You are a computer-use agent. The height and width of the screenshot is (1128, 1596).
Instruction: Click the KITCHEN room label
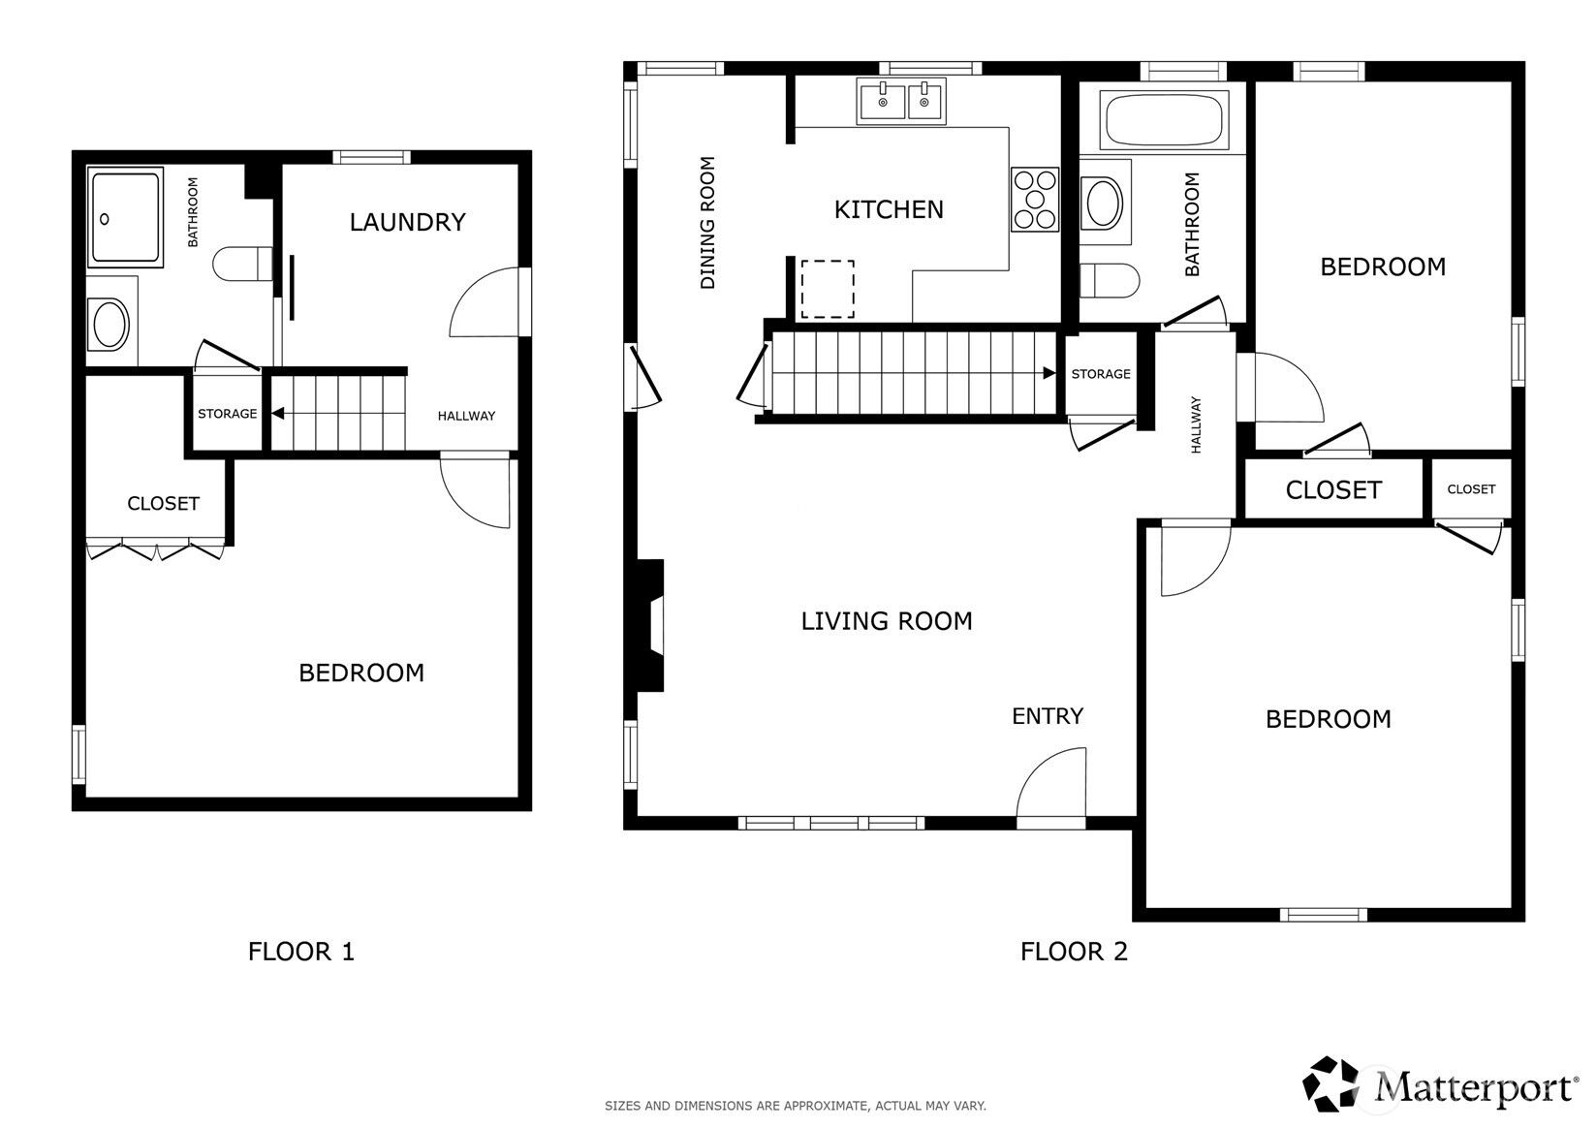coord(889,209)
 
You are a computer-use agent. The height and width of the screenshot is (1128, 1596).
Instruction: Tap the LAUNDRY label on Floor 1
coord(408,222)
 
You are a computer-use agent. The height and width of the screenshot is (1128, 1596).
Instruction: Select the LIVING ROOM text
coord(887,621)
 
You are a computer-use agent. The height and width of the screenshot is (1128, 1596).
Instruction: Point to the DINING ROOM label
coord(706,223)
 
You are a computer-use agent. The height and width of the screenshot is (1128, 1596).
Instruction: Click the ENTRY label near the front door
coord(1048,716)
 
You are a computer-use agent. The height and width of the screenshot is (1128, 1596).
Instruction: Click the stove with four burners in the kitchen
coord(1035,199)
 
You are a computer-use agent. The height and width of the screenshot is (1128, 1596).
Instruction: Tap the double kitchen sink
coord(901,101)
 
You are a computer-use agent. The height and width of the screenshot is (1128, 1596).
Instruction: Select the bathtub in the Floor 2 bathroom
coord(1163,120)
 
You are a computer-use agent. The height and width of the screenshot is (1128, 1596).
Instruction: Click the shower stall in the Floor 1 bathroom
coord(125,217)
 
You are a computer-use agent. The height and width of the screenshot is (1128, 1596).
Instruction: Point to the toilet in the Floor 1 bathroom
coord(242,264)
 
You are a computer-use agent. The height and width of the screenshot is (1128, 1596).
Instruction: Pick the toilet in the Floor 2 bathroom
coord(1110,281)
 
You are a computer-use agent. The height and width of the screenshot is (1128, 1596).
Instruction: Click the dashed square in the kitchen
coord(828,289)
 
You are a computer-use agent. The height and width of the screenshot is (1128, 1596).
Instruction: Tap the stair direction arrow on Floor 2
coord(1048,373)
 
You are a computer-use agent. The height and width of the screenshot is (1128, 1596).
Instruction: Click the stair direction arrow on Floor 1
coord(278,413)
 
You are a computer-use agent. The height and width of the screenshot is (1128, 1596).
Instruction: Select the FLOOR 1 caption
coord(300,952)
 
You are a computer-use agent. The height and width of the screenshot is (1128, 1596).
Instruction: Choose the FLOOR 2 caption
coord(1074,952)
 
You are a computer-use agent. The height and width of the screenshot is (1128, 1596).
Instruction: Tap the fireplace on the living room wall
coord(650,626)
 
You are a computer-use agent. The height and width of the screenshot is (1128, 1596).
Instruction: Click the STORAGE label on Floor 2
coord(1101,374)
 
